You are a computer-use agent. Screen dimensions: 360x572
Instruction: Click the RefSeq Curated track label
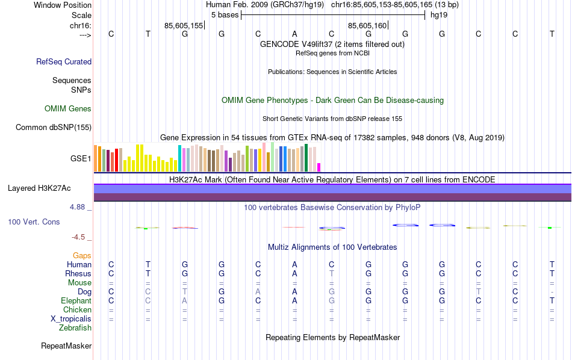click(64, 61)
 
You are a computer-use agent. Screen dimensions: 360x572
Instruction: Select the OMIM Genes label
click(68, 109)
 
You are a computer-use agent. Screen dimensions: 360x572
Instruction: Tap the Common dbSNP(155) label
click(54, 127)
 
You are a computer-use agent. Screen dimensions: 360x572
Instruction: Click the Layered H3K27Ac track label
click(39, 188)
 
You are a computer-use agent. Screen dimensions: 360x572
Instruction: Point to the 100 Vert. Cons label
click(34, 222)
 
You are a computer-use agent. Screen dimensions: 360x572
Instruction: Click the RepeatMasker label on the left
click(66, 346)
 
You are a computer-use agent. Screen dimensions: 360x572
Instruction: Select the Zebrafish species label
click(75, 328)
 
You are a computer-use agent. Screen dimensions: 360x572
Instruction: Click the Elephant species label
click(76, 301)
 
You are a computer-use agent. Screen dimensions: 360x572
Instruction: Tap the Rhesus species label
click(78, 274)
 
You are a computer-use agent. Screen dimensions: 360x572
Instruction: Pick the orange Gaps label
click(82, 256)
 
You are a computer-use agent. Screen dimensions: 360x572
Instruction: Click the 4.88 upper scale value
click(78, 207)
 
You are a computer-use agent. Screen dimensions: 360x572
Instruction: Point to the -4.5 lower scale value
click(79, 237)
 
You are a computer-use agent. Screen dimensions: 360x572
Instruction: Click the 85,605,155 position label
click(184, 25)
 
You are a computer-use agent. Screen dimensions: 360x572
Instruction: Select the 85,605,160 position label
click(367, 25)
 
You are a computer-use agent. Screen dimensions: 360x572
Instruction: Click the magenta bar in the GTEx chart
click(319, 167)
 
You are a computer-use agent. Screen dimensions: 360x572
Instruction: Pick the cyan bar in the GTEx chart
click(179, 158)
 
